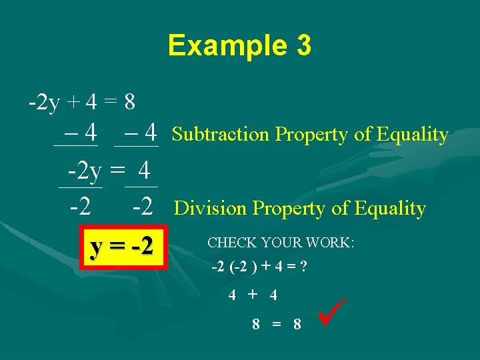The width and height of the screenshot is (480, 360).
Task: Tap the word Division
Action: (x=210, y=209)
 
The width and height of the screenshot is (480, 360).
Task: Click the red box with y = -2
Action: (x=122, y=246)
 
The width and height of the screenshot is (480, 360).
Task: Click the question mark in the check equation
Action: (x=303, y=268)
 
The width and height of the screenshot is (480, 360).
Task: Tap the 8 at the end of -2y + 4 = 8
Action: (x=130, y=103)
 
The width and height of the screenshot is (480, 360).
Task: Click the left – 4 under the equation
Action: (x=76, y=131)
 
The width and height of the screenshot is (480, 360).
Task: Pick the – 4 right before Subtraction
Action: (x=137, y=131)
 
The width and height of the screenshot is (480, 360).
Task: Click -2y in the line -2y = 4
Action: (x=84, y=172)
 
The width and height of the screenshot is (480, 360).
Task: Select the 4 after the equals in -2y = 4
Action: (x=143, y=172)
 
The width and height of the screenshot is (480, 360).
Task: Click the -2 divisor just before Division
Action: (x=145, y=207)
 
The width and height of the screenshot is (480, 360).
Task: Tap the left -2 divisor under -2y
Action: (x=81, y=207)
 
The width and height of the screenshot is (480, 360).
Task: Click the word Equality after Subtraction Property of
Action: (x=412, y=135)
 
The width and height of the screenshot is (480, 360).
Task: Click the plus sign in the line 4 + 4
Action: (x=253, y=294)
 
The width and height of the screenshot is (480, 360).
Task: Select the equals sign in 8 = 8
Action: (x=276, y=325)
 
